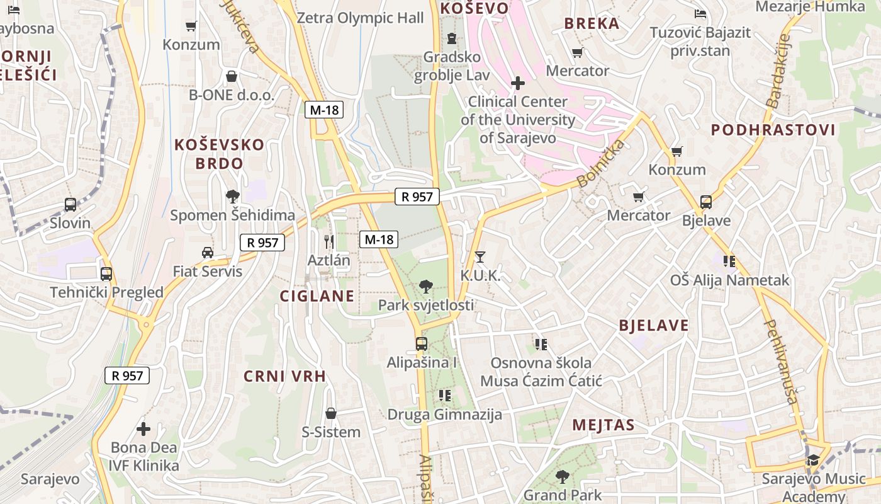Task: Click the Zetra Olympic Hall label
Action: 360,18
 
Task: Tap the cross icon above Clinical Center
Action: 518,83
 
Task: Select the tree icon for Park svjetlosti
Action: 426,287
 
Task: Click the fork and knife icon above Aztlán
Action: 328,241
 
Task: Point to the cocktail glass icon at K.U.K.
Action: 480,256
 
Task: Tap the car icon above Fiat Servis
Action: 208,253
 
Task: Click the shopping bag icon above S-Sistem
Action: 331,414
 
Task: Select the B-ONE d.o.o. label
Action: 232,95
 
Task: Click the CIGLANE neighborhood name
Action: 317,296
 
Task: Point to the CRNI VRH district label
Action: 285,377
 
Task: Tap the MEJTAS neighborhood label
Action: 603,425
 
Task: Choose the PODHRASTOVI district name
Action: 773,130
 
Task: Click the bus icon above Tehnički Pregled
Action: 106,274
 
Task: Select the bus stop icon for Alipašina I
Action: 422,344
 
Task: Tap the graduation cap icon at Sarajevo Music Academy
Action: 813,460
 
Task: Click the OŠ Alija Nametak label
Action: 729,280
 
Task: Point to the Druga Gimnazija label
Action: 444,415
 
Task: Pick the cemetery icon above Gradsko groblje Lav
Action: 451,38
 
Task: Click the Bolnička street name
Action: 601,164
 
